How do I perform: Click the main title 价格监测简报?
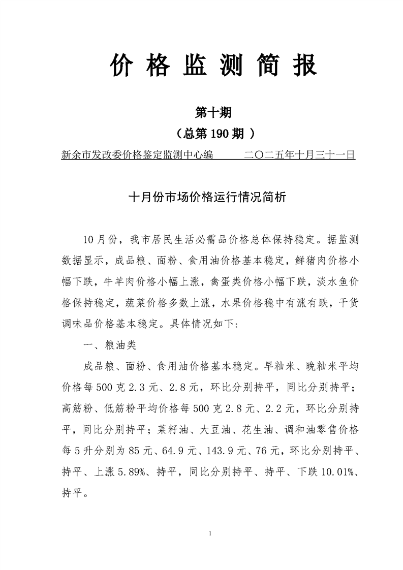pyautogui.click(x=213, y=66)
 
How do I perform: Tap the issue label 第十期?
pyautogui.click(x=213, y=112)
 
